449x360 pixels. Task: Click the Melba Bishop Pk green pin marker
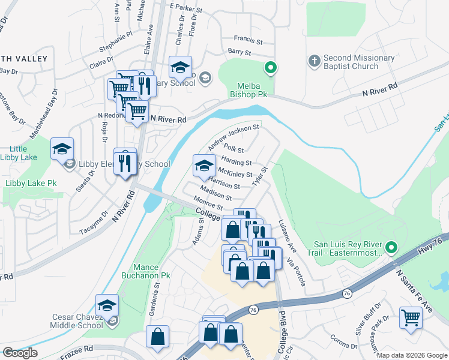coord(271,68)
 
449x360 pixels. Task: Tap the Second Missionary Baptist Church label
coord(359,62)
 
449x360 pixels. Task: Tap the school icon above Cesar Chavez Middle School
coord(107,306)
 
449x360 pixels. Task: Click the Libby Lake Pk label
coord(31,182)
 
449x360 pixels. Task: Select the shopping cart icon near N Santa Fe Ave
coord(411,318)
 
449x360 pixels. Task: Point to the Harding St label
coord(237,163)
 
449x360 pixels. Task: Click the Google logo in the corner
coord(20,353)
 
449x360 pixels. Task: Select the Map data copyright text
coord(411,355)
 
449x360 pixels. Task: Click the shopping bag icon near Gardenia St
coord(157,337)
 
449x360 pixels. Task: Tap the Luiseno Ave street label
coord(286,236)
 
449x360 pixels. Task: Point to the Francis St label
coord(249,42)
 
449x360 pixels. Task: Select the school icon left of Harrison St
coord(204,166)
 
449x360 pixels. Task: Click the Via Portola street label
coord(297,271)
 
